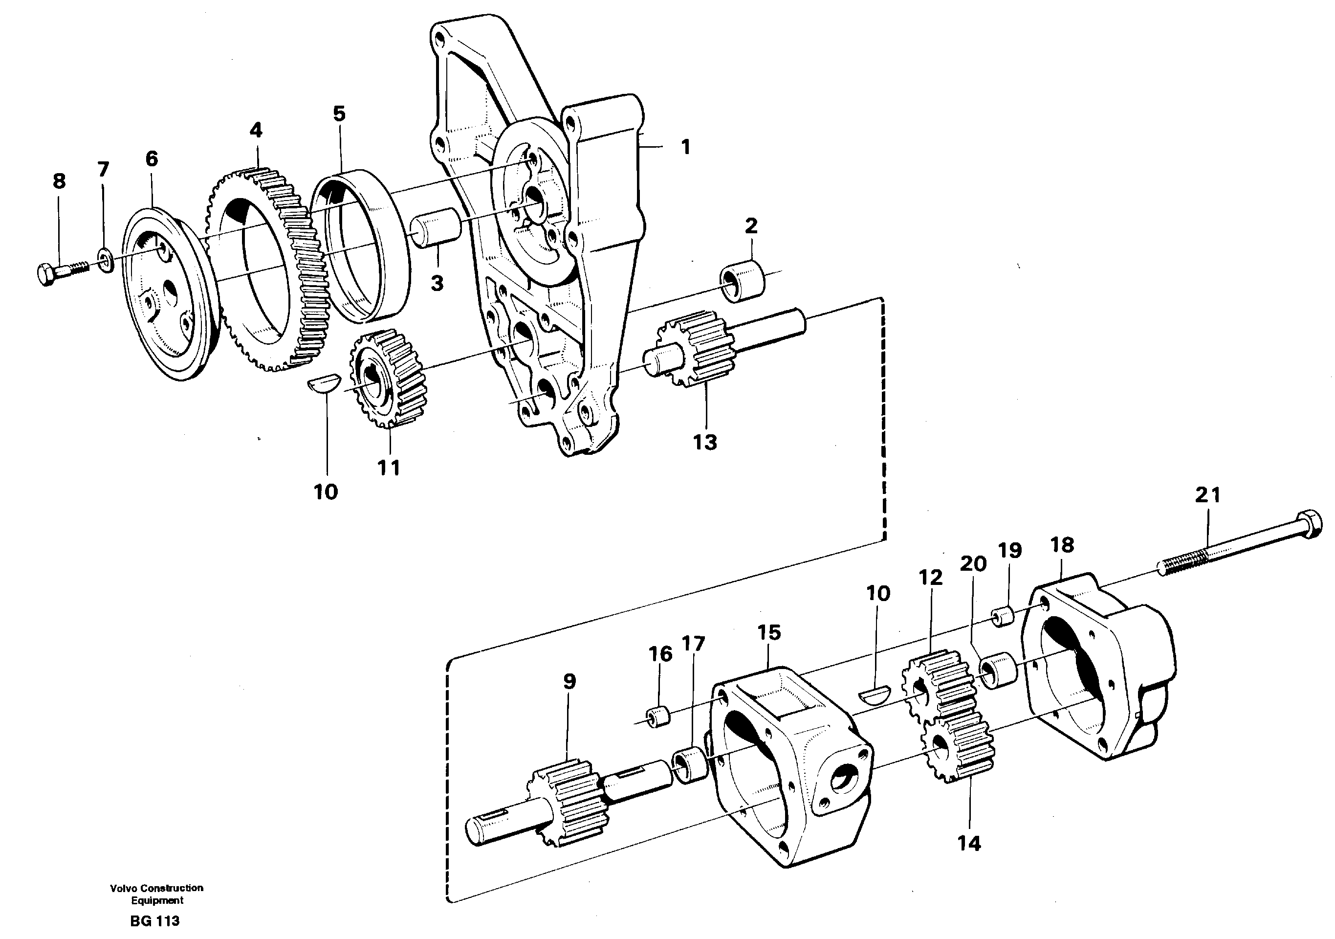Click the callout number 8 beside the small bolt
click(x=59, y=181)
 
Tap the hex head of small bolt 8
click(x=46, y=274)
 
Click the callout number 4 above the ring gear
click(x=256, y=130)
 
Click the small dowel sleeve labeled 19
click(x=1003, y=617)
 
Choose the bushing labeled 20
click(x=998, y=670)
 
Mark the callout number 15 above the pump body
click(x=769, y=632)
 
